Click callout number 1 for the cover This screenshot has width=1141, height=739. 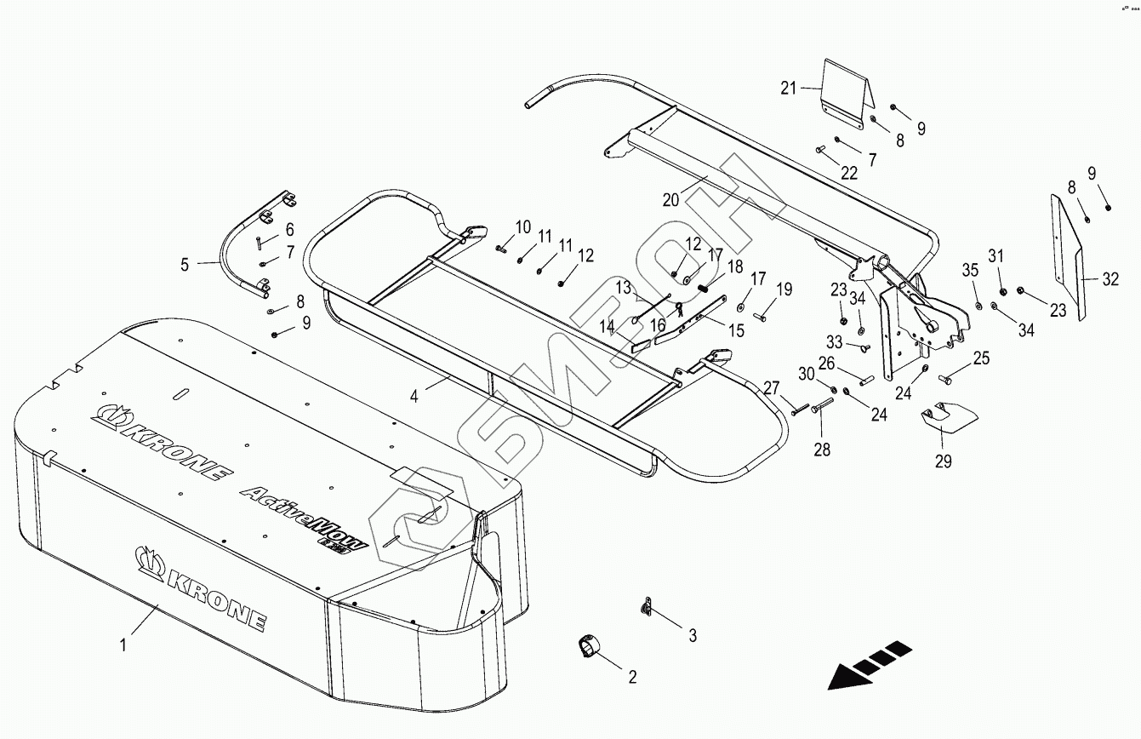[x=123, y=645]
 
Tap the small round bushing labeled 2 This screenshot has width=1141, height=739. [x=587, y=647]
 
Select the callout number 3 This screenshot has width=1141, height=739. [x=693, y=635]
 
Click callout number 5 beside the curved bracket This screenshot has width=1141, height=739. [x=185, y=264]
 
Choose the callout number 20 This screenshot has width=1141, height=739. [x=671, y=199]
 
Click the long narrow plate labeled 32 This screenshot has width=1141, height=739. [x=1067, y=255]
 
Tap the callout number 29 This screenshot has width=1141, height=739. [x=944, y=461]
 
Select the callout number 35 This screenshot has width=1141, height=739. [x=971, y=271]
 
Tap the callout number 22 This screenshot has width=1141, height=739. [x=849, y=173]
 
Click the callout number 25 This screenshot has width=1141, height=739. [x=981, y=358]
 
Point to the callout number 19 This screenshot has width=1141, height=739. [x=784, y=289]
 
